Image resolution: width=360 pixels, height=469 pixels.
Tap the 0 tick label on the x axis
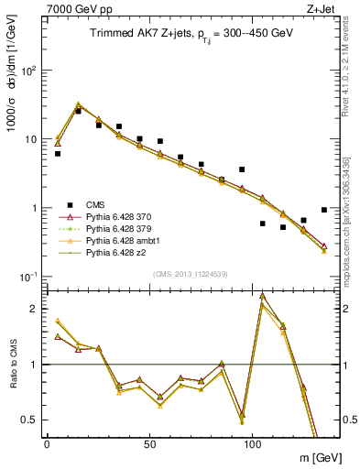point(47,442)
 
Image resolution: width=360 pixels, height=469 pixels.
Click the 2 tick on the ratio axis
point(35,309)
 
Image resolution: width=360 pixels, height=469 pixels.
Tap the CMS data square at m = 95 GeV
point(242,169)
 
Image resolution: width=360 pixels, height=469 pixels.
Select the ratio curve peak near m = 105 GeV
point(263,296)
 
